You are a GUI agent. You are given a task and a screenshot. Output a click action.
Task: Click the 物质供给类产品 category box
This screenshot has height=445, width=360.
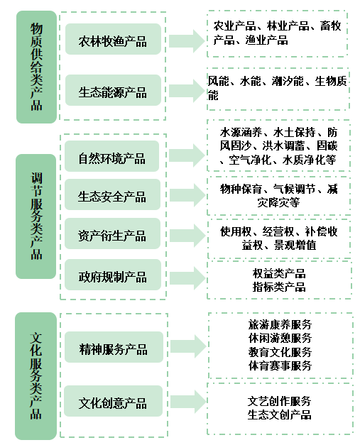[36, 67]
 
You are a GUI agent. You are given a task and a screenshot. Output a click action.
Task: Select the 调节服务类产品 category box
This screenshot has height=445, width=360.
[36, 216]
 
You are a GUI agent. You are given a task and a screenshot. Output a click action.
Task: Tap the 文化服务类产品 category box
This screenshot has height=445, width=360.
[36, 376]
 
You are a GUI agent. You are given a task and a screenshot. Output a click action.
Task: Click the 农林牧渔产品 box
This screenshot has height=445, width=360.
[113, 39]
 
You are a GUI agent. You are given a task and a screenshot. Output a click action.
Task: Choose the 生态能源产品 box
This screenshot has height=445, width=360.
[113, 90]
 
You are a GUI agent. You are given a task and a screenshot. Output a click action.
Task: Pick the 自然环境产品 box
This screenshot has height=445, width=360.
[112, 156]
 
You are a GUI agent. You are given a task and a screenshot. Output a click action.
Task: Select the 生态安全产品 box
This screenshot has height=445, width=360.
[112, 194]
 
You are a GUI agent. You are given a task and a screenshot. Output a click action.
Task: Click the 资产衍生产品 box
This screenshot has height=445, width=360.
[112, 234]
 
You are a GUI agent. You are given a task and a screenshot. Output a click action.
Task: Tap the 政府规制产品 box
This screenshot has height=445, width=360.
[113, 275]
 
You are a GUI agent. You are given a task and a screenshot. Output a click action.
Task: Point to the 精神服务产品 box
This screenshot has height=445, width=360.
[114, 347]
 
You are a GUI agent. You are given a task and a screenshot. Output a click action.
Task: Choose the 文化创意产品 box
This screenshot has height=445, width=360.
[113, 401]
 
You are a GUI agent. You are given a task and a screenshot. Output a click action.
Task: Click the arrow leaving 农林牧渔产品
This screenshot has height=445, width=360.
[187, 41]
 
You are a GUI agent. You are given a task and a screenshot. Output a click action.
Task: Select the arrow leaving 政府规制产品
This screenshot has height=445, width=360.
[187, 278]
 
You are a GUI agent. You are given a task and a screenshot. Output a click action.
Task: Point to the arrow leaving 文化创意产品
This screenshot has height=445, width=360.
[188, 401]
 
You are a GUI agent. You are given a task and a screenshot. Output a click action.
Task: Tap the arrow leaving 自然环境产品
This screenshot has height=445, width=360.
[187, 155]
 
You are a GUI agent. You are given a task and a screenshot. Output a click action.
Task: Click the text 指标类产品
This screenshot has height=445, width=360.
[279, 287]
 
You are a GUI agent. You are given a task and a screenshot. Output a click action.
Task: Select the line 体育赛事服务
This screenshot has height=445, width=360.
[280, 366]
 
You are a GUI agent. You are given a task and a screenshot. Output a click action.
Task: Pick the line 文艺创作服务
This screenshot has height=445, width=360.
[279, 401]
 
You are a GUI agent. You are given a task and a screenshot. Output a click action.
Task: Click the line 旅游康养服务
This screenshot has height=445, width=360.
[280, 324]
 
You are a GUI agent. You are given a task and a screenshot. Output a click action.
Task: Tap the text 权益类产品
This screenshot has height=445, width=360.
[279, 273]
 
